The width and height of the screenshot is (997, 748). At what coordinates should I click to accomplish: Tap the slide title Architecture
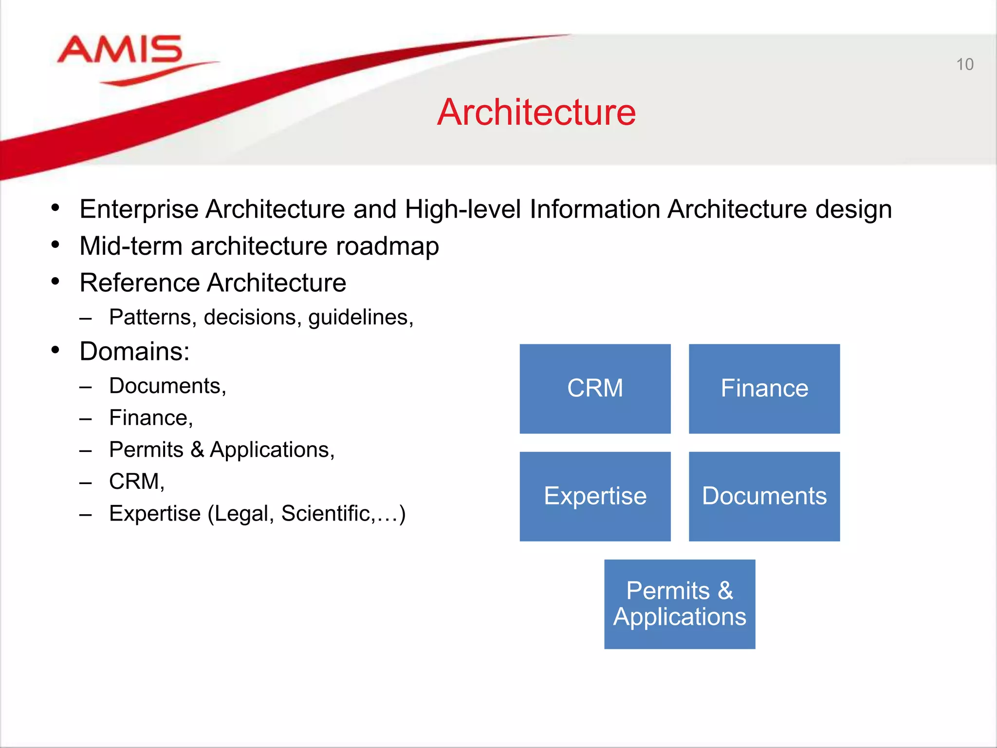(x=536, y=112)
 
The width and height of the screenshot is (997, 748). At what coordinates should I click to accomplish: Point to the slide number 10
(x=964, y=65)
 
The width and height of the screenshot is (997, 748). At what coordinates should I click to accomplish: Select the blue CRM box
(x=595, y=389)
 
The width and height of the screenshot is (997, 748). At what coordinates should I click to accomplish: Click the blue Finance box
(x=764, y=389)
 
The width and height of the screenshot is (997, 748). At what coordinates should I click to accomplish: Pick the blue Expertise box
(x=595, y=496)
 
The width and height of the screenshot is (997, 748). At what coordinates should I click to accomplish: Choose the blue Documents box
(x=764, y=496)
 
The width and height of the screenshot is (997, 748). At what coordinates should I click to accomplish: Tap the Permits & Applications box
(x=680, y=604)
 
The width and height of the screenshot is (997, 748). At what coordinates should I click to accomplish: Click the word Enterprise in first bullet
(x=139, y=210)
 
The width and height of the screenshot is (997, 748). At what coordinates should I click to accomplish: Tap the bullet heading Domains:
(x=134, y=352)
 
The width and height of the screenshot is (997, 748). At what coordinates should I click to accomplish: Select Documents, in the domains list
(x=167, y=386)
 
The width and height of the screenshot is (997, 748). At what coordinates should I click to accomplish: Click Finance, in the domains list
(x=151, y=418)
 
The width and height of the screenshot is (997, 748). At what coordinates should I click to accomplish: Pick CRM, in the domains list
(x=137, y=482)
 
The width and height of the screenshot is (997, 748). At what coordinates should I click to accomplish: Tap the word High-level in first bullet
(x=462, y=210)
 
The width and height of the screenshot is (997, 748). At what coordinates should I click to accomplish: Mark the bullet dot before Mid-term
(x=55, y=245)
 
